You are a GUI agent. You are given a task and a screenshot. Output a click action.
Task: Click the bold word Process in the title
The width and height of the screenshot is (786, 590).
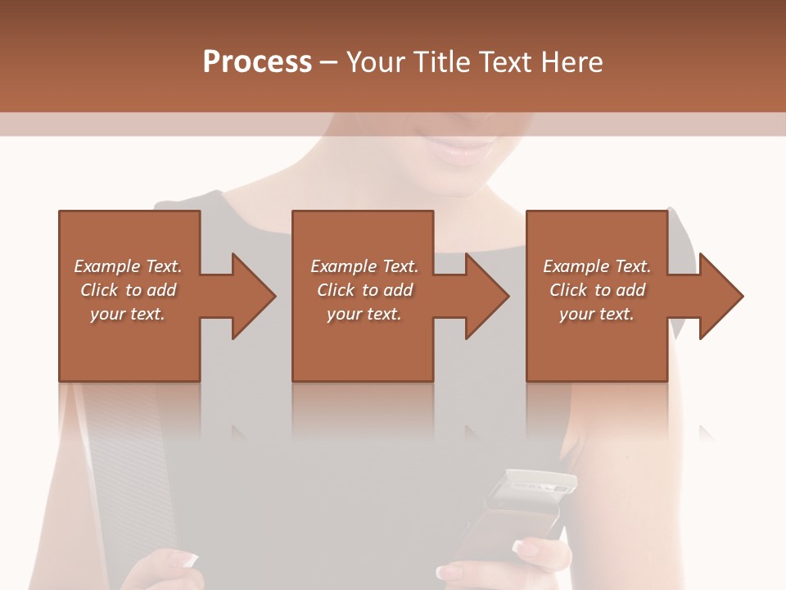pos(257,62)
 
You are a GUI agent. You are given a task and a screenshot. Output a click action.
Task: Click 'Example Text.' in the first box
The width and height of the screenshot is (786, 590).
pos(128,266)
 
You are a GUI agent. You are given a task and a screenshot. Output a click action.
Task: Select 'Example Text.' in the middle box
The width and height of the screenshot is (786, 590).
pos(364,266)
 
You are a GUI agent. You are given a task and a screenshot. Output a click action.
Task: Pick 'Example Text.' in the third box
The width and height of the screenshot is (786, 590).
pos(597,266)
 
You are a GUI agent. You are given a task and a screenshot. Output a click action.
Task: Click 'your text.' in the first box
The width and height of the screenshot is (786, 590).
pos(128,314)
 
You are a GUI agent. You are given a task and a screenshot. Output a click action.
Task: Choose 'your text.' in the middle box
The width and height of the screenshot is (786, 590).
pos(364,314)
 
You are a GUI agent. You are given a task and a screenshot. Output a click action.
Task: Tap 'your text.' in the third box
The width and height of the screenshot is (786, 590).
pos(597,314)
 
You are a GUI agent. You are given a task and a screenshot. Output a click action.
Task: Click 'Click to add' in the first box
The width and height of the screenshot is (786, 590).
pos(128,290)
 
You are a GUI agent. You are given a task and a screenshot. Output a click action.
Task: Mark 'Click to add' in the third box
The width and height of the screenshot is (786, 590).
pos(597,290)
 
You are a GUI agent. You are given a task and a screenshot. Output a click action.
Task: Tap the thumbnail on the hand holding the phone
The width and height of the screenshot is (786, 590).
pos(523,547)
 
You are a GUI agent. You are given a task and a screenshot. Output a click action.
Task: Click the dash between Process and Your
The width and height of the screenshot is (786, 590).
pos(329,63)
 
